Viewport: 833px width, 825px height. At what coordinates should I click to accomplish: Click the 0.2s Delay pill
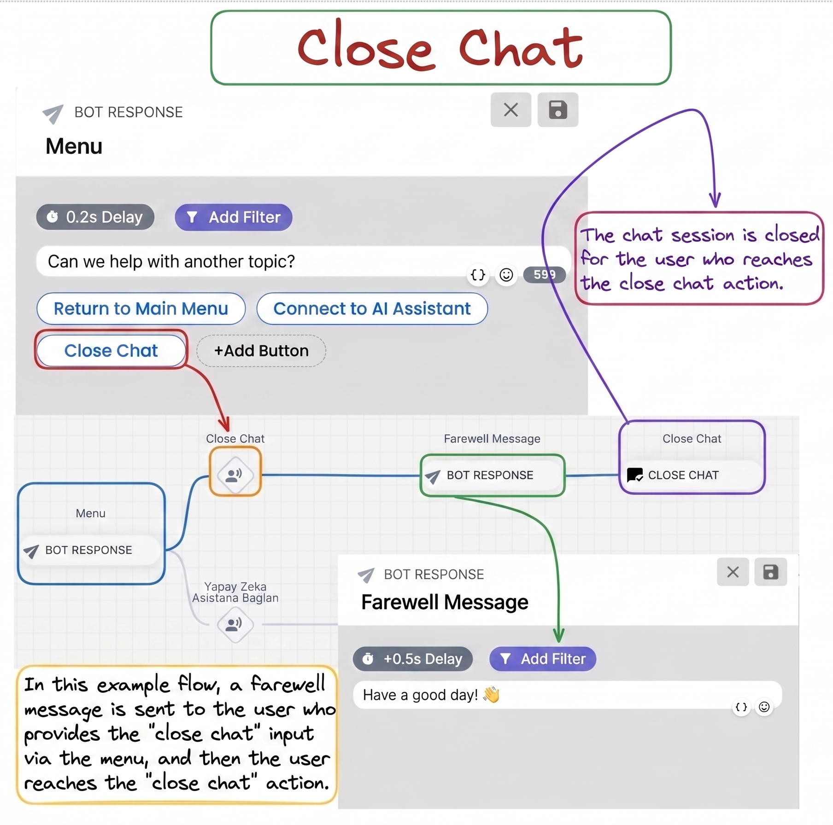click(x=95, y=217)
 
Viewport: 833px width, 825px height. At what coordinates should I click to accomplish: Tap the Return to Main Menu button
click(x=141, y=308)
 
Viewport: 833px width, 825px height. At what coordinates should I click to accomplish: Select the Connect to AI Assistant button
click(x=372, y=308)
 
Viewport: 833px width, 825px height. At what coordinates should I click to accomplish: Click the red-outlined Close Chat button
click(x=111, y=351)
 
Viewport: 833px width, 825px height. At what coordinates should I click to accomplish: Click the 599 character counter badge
click(x=544, y=275)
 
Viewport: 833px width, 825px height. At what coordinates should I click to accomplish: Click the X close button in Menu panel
click(x=511, y=110)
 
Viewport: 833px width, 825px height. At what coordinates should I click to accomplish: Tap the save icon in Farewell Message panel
click(x=770, y=572)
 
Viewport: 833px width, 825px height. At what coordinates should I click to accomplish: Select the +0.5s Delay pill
click(x=413, y=659)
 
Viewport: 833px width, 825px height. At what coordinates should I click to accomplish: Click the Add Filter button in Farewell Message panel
click(x=543, y=659)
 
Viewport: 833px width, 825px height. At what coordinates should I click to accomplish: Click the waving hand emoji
click(x=492, y=694)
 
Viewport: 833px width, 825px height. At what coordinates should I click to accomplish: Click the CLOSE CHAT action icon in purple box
click(x=635, y=475)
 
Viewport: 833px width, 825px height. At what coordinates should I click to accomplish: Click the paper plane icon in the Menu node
click(x=31, y=551)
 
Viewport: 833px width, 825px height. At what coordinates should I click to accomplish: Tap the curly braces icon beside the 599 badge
click(x=478, y=275)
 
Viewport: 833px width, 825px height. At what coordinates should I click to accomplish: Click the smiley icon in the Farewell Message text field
click(x=764, y=707)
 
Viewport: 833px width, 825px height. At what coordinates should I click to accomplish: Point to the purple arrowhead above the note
click(x=715, y=200)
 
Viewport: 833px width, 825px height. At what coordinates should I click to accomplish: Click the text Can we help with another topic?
click(x=171, y=261)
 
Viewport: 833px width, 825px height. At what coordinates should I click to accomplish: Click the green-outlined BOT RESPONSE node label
click(x=490, y=475)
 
